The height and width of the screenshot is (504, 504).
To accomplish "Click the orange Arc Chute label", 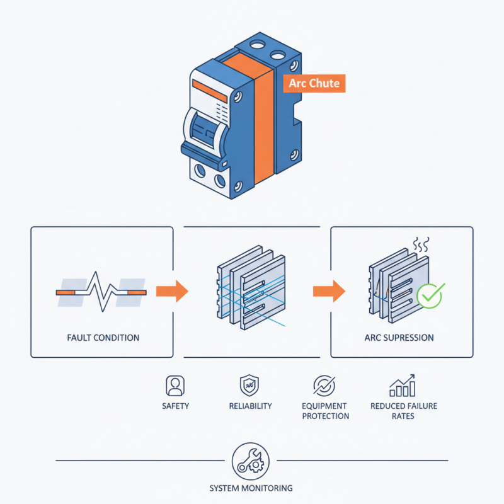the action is tap(314, 83).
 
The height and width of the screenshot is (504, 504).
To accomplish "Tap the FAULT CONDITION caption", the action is tap(103, 338).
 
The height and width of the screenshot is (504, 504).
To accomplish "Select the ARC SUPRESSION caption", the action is tap(399, 338).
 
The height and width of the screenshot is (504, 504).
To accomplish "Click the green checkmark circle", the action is tap(430, 296).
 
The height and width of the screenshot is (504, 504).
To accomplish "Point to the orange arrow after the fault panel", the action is tap(172, 291).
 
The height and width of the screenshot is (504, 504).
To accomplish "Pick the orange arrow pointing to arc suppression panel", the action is tap(329, 291).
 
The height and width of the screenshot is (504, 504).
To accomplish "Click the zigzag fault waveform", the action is tap(101, 292).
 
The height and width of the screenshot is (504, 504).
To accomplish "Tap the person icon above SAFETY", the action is tap(175, 386).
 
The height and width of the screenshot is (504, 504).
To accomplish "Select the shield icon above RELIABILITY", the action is tap(249, 386).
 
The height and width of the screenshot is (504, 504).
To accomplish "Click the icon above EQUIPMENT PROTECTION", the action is tap(324, 386).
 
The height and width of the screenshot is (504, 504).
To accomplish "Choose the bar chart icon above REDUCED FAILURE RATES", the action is tap(403, 386).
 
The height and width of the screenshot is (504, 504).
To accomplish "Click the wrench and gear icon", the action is tap(251, 461).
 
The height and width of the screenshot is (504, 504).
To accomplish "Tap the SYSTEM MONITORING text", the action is tap(251, 488).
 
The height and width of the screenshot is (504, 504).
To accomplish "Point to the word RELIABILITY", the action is tap(250, 406).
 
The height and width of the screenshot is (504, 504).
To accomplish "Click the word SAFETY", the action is tap(175, 406).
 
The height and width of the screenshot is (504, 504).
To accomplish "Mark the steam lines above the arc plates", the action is tap(421, 245).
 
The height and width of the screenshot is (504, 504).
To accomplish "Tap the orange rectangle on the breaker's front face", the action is tap(210, 91).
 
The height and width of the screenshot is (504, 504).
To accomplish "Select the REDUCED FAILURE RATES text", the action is tap(404, 411).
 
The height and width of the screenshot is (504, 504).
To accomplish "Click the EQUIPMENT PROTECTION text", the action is tap(325, 411).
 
